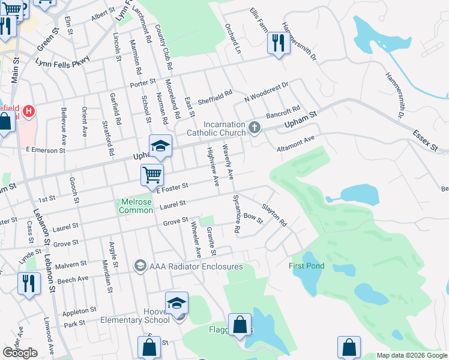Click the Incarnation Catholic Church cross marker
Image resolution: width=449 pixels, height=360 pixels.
click(x=255, y=127)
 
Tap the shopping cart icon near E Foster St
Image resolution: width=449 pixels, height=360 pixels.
click(x=152, y=175)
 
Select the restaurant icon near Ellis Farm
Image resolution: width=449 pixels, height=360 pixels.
click(x=278, y=43)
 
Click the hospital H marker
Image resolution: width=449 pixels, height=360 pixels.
click(x=28, y=111)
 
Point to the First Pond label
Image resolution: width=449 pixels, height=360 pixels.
click(x=306, y=266)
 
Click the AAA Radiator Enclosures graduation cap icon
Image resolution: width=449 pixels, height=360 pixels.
click(x=140, y=266)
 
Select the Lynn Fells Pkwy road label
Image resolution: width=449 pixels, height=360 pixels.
click(x=62, y=61)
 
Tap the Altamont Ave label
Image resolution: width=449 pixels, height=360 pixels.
click(x=295, y=144)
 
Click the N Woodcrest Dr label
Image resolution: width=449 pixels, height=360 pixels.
click(x=267, y=92)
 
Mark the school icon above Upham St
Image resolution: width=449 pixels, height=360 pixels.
click(x=161, y=146)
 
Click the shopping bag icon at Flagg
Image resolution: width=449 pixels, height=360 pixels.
click(x=240, y=326)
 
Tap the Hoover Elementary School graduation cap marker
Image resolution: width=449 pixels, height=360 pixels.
click(x=176, y=304)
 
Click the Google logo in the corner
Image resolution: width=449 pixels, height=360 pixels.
click(x=20, y=353)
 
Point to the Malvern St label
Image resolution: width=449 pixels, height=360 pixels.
click(x=72, y=265)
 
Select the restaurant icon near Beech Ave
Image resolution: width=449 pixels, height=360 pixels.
click(x=29, y=283)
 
